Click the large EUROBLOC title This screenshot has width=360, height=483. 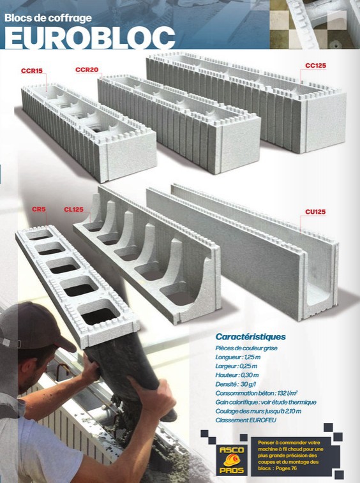(x=90, y=38)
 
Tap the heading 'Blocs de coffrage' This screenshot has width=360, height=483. (x=48, y=18)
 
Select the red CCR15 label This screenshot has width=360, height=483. (x=32, y=71)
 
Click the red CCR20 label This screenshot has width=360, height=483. (x=87, y=70)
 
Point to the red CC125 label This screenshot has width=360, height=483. (x=315, y=66)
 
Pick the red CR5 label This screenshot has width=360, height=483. (x=39, y=209)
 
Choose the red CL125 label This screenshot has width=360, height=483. (x=73, y=209)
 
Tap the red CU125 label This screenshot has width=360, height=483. (x=315, y=212)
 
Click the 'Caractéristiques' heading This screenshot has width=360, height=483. (x=251, y=337)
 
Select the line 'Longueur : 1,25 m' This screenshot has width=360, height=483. (x=238, y=357)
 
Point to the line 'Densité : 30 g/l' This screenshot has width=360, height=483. (x=236, y=384)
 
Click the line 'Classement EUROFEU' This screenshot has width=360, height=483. (x=246, y=420)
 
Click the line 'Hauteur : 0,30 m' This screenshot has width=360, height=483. (x=237, y=375)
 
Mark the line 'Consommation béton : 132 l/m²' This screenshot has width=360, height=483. (x=257, y=393)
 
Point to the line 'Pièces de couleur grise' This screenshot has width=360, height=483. (x=246, y=348)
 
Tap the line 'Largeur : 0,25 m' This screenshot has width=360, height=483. (x=236, y=366)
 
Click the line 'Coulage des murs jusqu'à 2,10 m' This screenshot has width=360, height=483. (x=259, y=412)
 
